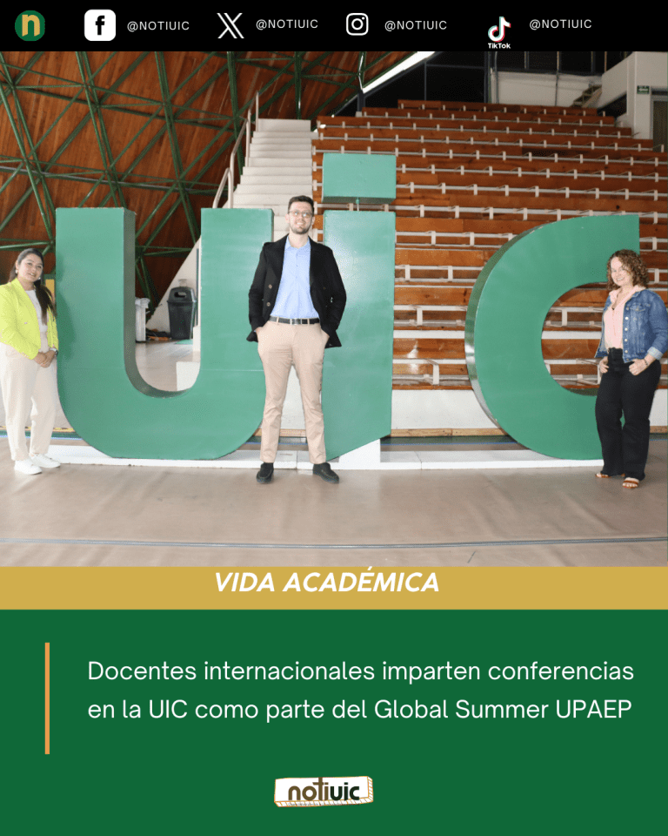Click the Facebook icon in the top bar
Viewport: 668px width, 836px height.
[99, 25]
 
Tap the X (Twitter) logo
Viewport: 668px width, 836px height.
[230, 25]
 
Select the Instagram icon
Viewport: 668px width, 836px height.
[357, 24]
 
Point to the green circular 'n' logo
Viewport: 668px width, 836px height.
[30, 25]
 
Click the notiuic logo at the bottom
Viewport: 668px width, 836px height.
[324, 792]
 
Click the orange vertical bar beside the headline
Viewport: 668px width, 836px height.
[47, 698]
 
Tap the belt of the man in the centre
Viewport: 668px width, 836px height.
[295, 320]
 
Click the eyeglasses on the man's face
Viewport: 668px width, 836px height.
[302, 215]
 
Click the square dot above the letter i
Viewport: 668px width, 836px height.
[357, 179]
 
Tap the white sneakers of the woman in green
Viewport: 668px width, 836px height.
[37, 463]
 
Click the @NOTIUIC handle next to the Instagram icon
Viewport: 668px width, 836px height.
[415, 25]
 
